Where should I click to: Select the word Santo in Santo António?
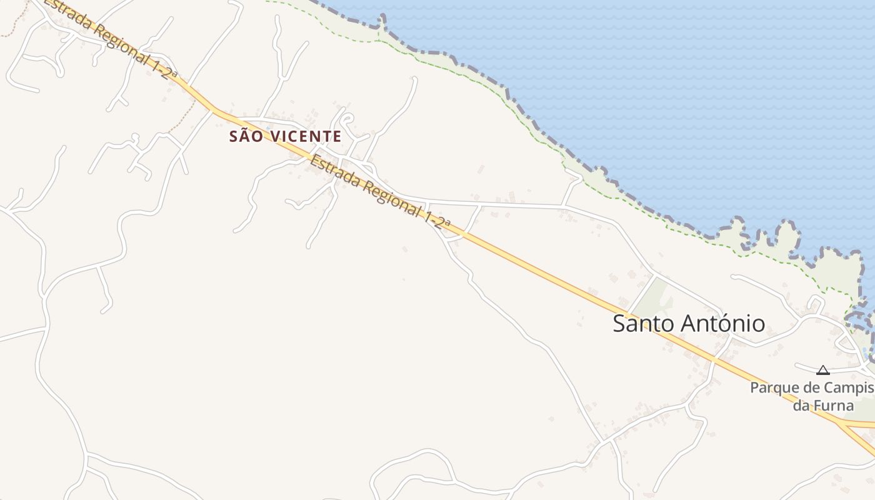(x=641, y=324)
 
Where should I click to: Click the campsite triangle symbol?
(x=823, y=370)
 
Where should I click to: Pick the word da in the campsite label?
(x=802, y=405)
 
